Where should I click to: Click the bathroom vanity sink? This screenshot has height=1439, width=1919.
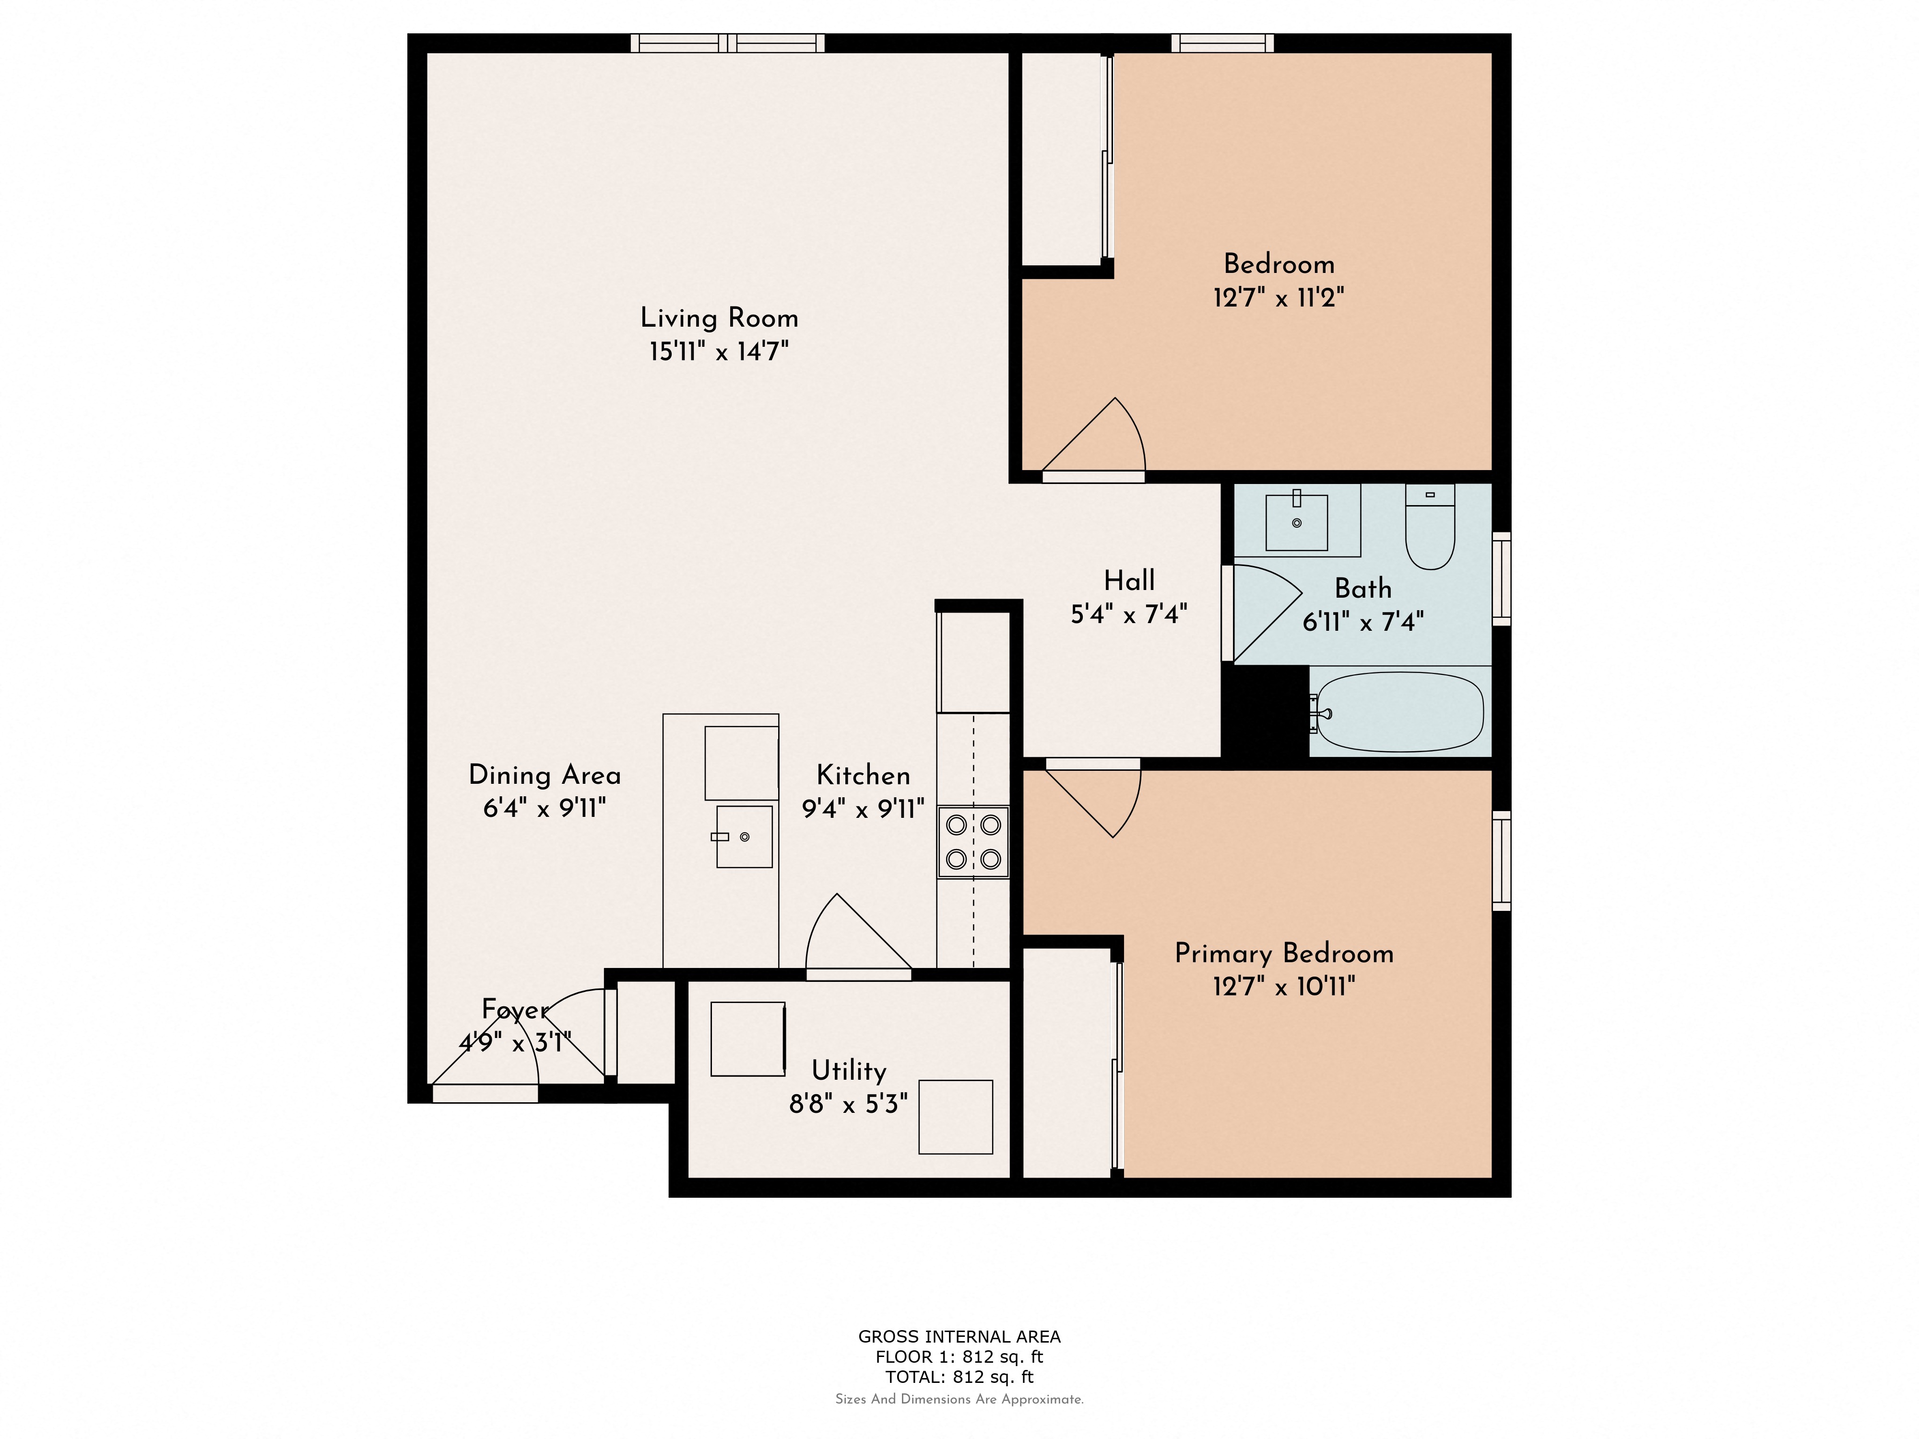click(1296, 522)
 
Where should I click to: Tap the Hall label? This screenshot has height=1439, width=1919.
click(1129, 580)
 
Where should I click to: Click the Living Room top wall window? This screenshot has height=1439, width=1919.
click(727, 43)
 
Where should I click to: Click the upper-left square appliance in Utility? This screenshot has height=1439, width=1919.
click(747, 1039)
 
